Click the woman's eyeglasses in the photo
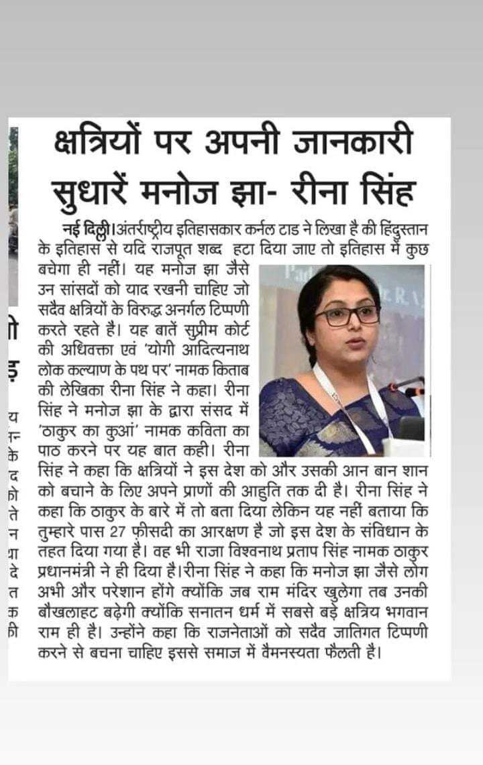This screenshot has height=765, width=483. [x=347, y=315]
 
